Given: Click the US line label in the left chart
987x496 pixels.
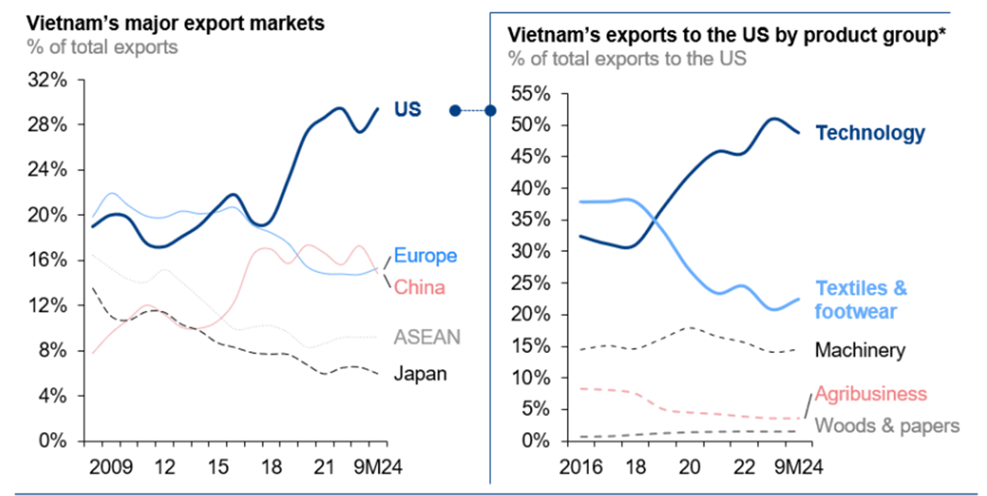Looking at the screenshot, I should tap(407, 110).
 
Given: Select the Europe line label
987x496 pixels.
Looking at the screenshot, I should tap(425, 256).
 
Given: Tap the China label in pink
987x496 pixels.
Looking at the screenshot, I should tap(419, 287).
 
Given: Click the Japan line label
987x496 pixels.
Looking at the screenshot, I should tap(420, 373).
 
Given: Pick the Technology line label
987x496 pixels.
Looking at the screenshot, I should tap(870, 133).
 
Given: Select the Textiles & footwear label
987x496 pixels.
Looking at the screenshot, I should tap(861, 300).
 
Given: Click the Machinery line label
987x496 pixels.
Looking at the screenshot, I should tap(859, 350).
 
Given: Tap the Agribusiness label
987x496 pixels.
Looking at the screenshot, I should tap(871, 393).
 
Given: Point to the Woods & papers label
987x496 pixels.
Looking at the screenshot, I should tap(887, 425).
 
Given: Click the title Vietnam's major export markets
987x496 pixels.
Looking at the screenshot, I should tap(175, 23).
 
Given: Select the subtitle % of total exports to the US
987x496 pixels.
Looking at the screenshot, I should tap(627, 58).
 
